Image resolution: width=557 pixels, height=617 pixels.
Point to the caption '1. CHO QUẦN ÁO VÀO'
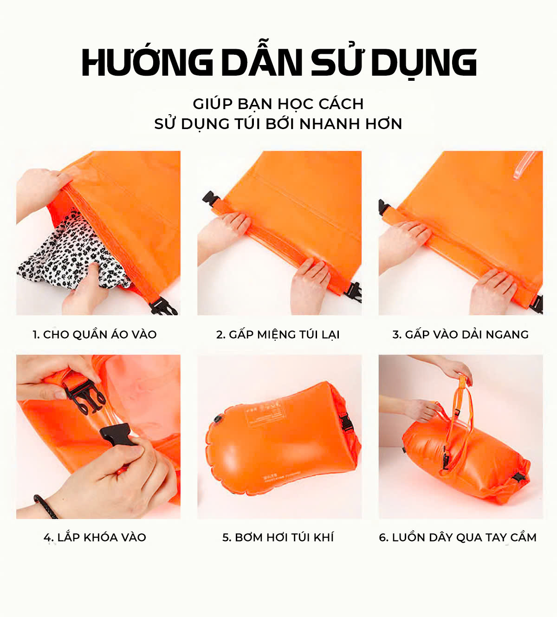click(x=94, y=334)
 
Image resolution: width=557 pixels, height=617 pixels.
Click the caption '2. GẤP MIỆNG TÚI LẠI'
click(x=278, y=334)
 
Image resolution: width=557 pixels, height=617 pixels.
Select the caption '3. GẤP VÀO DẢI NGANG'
click(x=460, y=334)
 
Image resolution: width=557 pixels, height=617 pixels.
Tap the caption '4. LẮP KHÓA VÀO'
click(x=95, y=537)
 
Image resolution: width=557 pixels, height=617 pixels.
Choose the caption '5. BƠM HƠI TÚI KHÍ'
click(x=278, y=537)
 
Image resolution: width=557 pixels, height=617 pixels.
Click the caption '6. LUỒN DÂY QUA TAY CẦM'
click(x=458, y=537)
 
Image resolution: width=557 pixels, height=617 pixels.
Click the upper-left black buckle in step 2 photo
click(x=210, y=197)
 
